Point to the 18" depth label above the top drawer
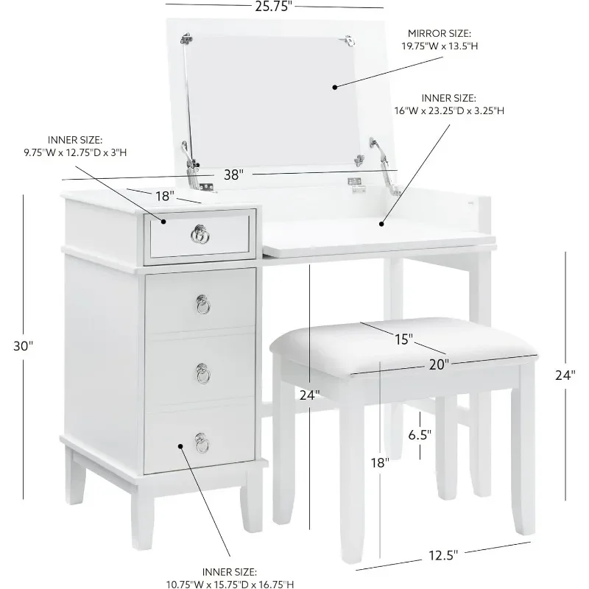coord(165,197)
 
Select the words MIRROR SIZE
coord(440,34)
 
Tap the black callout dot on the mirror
coord(334,86)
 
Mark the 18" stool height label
coord(379,462)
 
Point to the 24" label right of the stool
coord(565,374)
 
